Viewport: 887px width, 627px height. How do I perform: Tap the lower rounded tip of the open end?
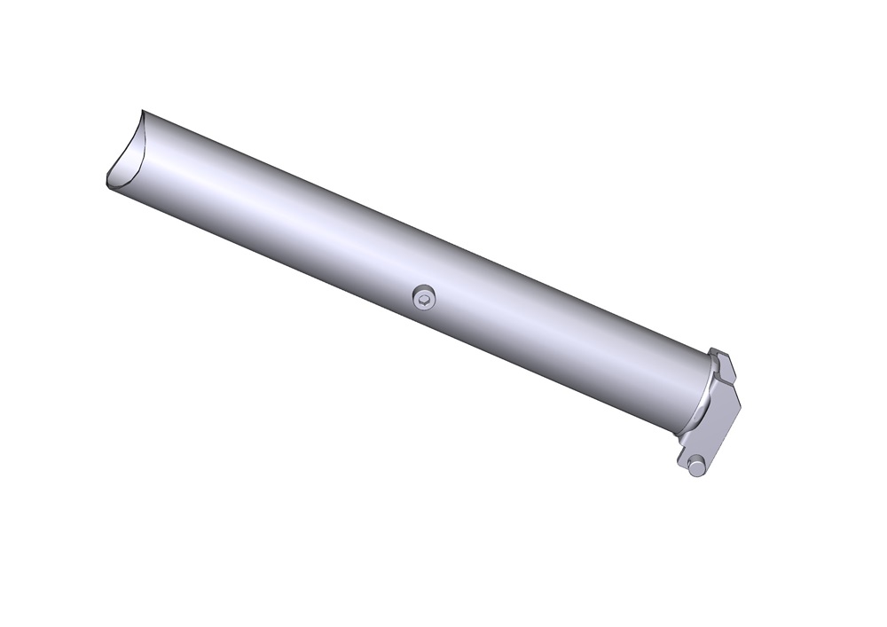pos(106,182)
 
